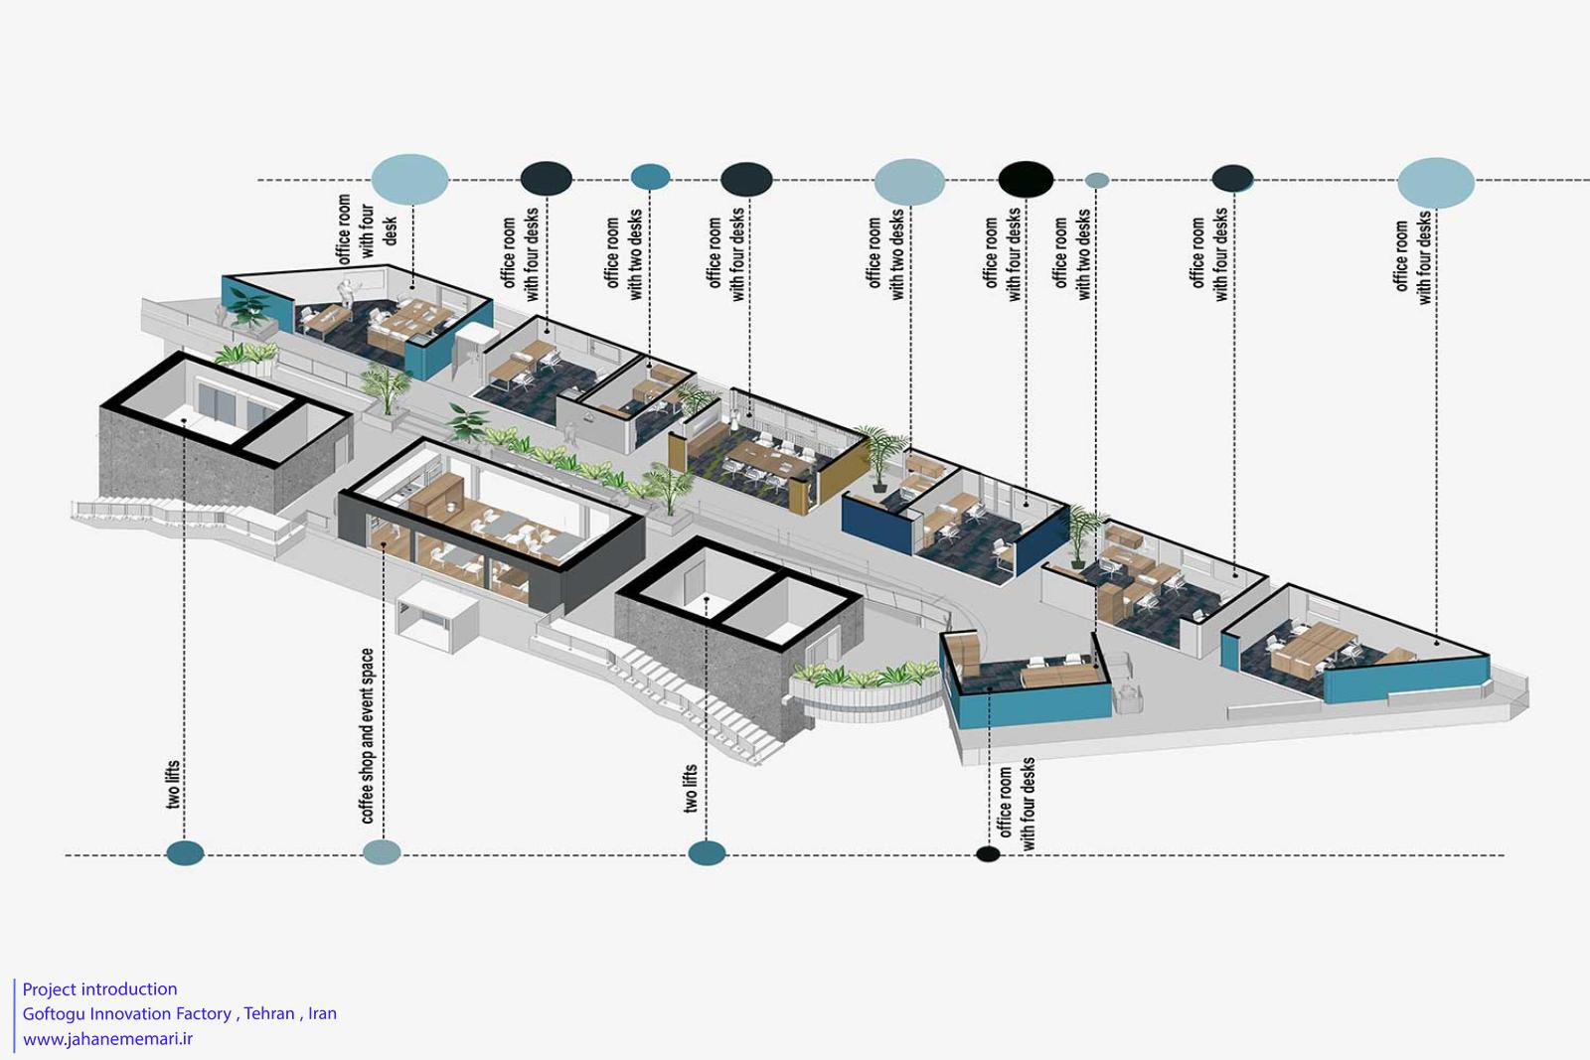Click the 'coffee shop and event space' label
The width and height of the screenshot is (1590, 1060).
[367, 736]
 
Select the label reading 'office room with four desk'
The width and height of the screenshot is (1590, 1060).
[367, 229]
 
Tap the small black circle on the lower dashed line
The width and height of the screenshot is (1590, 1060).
[988, 853]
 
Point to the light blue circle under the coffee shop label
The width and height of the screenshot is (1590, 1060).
[382, 852]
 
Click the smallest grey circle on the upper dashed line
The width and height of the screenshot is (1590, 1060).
[1097, 180]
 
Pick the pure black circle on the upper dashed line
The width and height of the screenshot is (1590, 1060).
[1026, 179]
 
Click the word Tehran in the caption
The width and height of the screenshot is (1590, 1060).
[269, 1013]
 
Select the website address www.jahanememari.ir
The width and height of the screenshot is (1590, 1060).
[107, 1039]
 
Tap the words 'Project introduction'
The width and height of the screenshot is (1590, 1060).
[100, 989]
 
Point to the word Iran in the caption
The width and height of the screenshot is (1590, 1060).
[322, 1013]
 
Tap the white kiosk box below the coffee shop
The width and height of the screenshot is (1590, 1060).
[436, 615]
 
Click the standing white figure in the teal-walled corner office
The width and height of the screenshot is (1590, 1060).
[347, 292]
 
